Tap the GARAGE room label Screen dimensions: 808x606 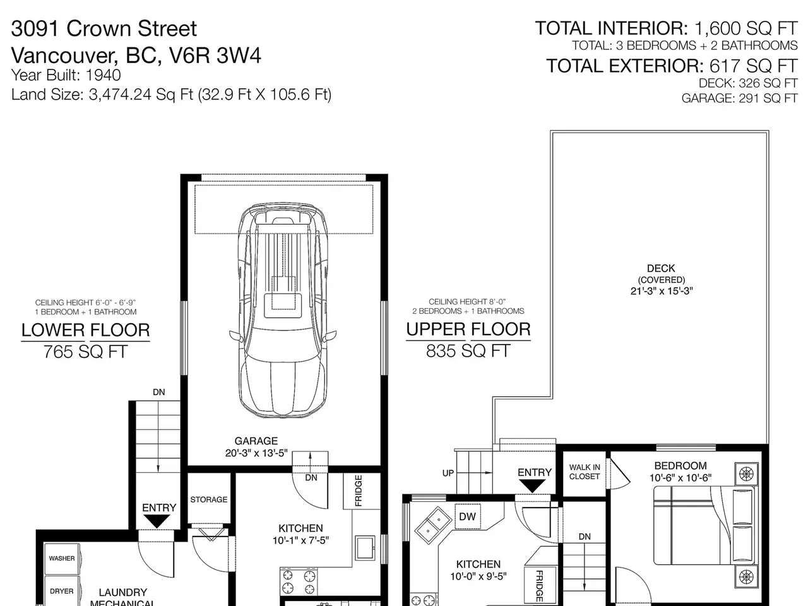point(256,441)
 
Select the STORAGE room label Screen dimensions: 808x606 point(209,499)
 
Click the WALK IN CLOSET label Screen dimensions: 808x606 point(585,472)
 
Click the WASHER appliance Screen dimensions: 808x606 point(62,559)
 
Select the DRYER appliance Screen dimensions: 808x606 point(62,591)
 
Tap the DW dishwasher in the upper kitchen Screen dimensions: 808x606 point(468,516)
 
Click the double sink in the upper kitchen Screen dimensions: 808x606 point(433,525)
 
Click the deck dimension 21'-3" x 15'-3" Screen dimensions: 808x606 point(662,290)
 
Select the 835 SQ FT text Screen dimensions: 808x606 point(468,350)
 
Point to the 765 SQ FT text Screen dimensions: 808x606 point(85,352)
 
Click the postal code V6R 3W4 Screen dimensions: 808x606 point(215,56)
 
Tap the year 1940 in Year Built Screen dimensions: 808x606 point(103,75)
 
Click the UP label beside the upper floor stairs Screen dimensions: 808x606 point(448,473)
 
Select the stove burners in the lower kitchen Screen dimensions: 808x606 point(299,582)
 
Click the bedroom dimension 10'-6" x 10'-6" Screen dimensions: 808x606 point(680,478)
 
